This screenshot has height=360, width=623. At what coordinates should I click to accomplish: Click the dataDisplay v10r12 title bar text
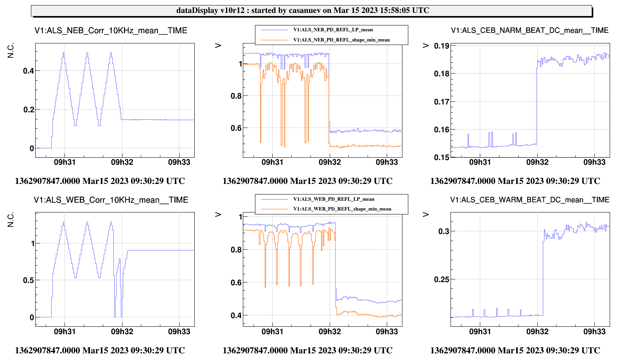click(x=303, y=11)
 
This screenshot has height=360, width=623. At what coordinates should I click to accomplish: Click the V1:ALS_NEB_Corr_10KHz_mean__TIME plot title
click(x=111, y=31)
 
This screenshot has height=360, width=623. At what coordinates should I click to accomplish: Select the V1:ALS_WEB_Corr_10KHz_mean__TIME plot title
click(x=111, y=200)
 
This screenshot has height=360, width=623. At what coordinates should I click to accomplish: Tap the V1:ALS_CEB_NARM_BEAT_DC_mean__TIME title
click(x=530, y=31)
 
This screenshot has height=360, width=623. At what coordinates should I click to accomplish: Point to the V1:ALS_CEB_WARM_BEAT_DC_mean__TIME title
click(x=530, y=200)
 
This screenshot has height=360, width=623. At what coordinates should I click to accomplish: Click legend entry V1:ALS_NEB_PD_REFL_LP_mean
click(x=333, y=30)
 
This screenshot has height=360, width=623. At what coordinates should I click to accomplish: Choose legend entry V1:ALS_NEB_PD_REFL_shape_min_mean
click(x=341, y=40)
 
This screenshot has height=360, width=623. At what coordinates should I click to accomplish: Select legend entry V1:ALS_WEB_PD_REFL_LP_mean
click(x=334, y=199)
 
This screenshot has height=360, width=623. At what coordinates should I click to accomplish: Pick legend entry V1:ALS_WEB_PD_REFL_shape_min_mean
click(x=342, y=209)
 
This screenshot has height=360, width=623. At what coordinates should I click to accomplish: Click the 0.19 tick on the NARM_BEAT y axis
click(x=442, y=46)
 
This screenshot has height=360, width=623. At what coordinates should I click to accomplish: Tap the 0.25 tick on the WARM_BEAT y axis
click(x=442, y=279)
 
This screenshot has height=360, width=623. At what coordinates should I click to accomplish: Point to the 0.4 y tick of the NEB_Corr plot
click(x=29, y=71)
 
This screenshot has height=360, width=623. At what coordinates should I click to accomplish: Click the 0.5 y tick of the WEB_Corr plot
click(x=29, y=280)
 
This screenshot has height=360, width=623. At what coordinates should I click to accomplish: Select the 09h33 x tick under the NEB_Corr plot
click(x=179, y=162)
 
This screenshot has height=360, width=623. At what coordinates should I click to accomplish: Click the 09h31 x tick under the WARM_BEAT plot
click(x=480, y=331)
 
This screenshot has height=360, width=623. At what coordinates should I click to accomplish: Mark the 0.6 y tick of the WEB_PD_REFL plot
click(x=236, y=283)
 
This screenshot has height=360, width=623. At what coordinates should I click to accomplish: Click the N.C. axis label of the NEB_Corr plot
click(x=11, y=51)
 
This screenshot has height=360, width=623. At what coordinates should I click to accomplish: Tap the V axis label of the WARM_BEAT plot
click(x=426, y=214)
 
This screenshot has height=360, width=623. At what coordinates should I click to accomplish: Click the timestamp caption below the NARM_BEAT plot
click(x=515, y=181)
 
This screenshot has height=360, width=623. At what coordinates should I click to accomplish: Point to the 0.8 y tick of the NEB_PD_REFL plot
click(x=236, y=96)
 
